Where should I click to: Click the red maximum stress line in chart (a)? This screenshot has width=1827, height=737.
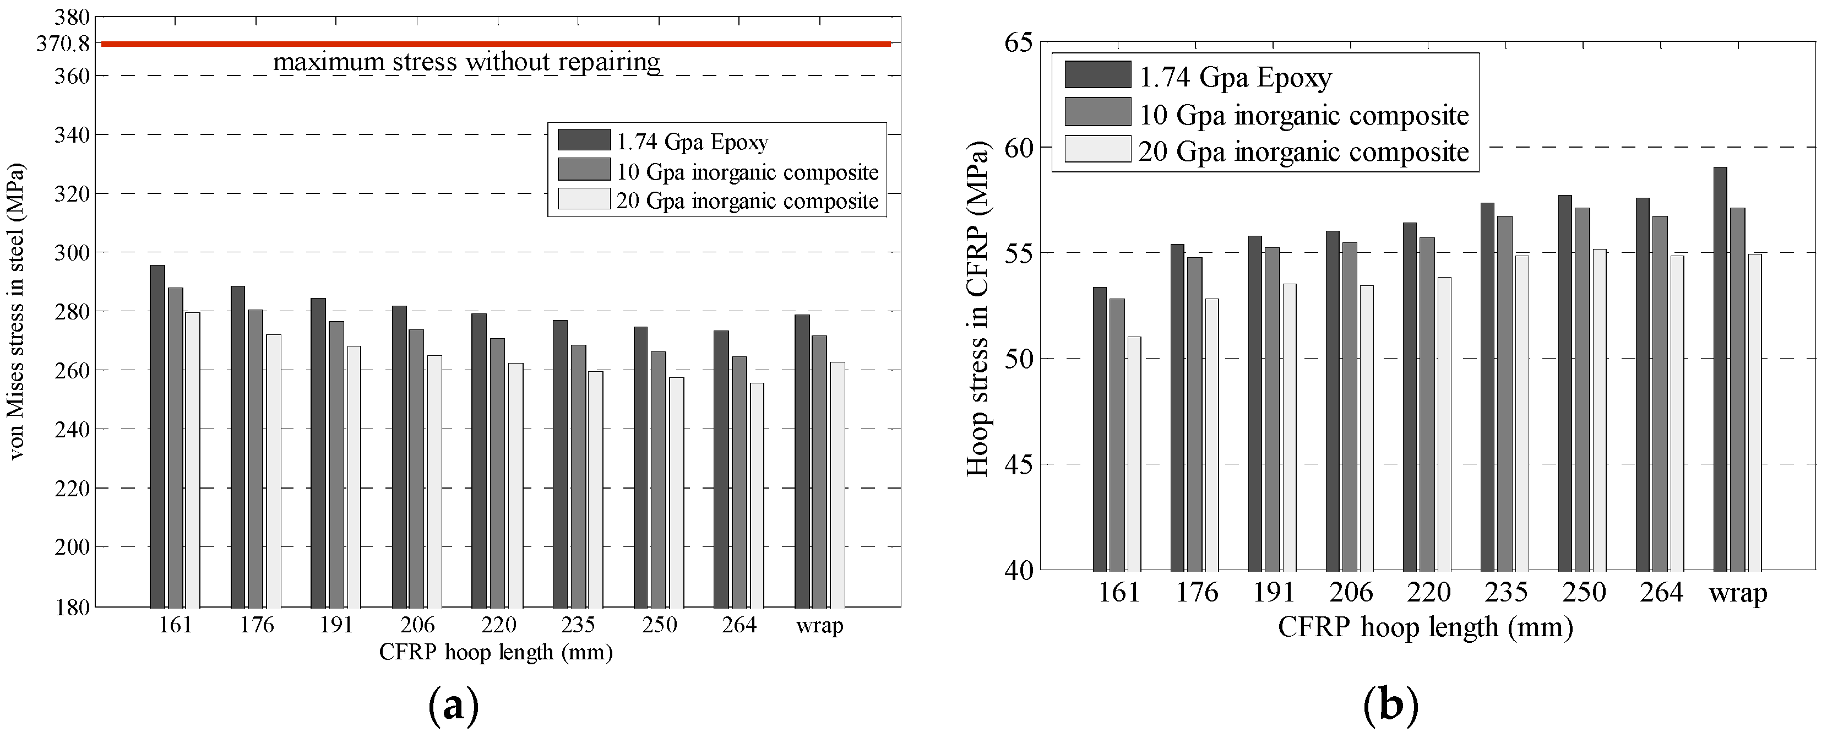point(497,44)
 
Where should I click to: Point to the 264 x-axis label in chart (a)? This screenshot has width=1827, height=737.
point(739,625)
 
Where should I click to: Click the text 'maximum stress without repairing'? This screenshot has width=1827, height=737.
point(467,62)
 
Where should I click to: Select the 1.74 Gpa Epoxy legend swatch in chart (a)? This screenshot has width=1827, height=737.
point(584,140)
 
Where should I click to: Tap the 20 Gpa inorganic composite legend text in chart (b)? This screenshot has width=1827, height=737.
point(1303,152)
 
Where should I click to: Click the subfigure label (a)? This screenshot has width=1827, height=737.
point(454,707)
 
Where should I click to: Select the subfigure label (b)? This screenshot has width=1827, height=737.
point(1390,707)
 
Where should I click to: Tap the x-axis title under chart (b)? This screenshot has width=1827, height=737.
point(1426,627)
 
